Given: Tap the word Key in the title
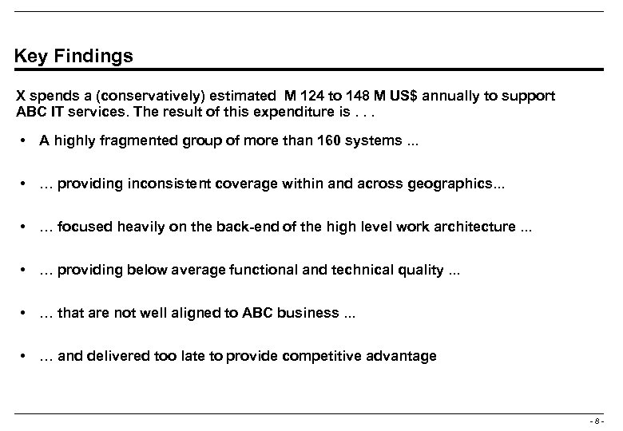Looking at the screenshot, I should (30, 57).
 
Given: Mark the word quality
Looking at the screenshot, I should (425, 270).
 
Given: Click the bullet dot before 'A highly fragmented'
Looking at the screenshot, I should (26, 141).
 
